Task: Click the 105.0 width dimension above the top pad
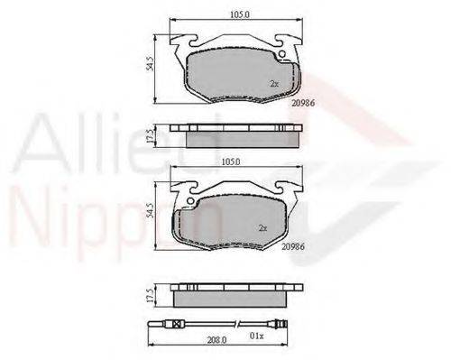pyautogui.click(x=240, y=14)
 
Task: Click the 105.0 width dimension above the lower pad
pyautogui.click(x=231, y=162)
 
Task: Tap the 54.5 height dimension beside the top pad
pyautogui.click(x=150, y=63)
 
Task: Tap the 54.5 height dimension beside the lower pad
pyautogui.click(x=150, y=210)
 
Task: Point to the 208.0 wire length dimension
pyautogui.click(x=216, y=340)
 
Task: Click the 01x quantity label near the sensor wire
pyautogui.click(x=256, y=337)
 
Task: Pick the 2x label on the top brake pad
pyautogui.click(x=274, y=84)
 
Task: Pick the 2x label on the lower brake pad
pyautogui.click(x=262, y=228)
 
